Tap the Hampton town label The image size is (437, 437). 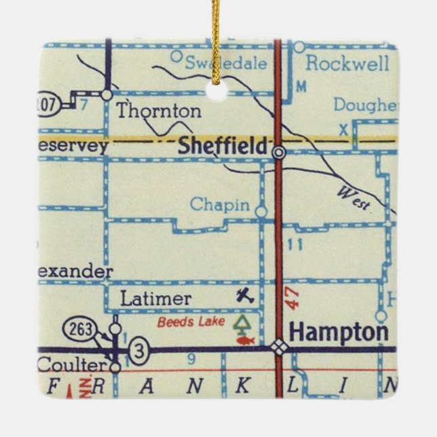click(339, 332)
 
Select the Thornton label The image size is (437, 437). click(159, 111)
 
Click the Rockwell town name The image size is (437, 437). click(347, 64)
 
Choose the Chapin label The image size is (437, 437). click(219, 204)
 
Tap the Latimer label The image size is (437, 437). click(155, 298)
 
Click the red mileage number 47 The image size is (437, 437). click(292, 299)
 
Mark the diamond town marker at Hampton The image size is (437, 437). click(278, 346)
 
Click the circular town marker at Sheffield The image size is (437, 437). click(278, 152)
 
